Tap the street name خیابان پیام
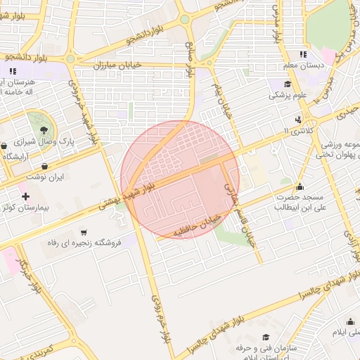[x=224, y=98]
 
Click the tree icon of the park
[x=44, y=129]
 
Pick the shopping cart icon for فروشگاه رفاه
[x=84, y=231]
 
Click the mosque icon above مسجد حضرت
[x=300, y=186]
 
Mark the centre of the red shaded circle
[x=180, y=179]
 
